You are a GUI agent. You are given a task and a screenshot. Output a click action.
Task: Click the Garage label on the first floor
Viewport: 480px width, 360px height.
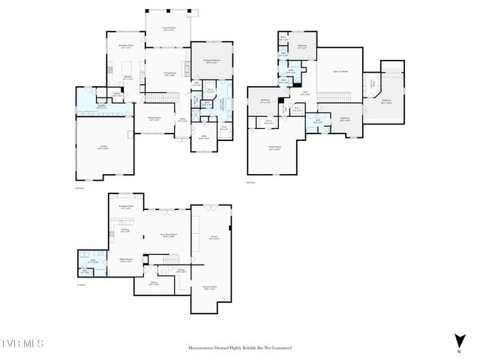pyautogui.click(x=103, y=148)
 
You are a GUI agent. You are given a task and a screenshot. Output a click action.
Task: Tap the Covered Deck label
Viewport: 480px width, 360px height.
pyautogui.click(x=169, y=28)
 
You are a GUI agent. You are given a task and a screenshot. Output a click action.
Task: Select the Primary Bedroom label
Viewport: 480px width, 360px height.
pyautogui.click(x=211, y=61)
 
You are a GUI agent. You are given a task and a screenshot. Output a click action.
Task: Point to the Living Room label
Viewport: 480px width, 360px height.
pyautogui.click(x=170, y=73)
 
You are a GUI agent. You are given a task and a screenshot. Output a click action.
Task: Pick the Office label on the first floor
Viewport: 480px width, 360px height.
pyautogui.click(x=202, y=137)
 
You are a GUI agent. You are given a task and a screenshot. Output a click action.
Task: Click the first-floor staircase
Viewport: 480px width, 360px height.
pyautogui.click(x=156, y=98)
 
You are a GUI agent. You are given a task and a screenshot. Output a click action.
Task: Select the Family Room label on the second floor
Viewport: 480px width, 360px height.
pyautogui.click(x=274, y=148)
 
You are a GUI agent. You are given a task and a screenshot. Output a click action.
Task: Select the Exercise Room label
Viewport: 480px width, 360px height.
pyautogui.click(x=208, y=287)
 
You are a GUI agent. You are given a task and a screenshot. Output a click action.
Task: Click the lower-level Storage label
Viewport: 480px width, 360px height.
pyautogui.click(x=181, y=270)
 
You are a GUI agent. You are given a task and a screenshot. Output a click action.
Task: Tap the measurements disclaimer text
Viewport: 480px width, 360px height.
pyautogui.click(x=239, y=348)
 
